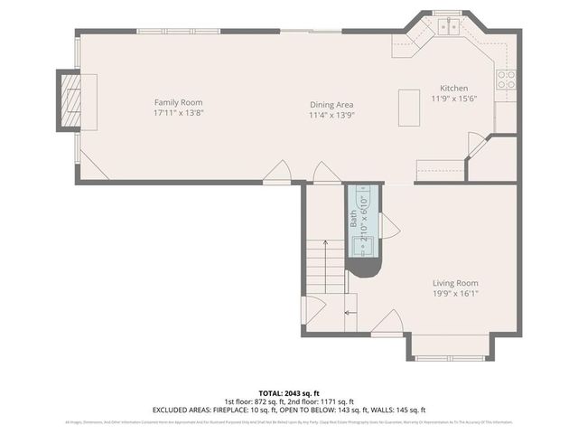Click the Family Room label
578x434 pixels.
[177, 102]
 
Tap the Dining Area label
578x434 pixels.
[332, 104]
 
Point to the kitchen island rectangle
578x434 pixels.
[412, 109]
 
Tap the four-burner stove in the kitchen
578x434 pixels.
[506, 79]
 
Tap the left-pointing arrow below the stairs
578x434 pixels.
[350, 313]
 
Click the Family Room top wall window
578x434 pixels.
[165, 32]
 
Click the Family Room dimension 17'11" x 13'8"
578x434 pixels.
[177, 114]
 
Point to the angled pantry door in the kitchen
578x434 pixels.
[475, 146]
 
